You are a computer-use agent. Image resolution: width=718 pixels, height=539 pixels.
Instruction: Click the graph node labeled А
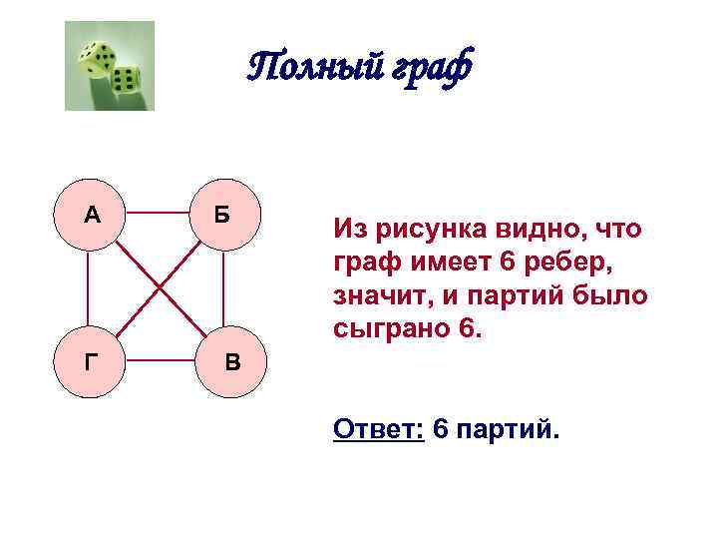(x=92, y=214)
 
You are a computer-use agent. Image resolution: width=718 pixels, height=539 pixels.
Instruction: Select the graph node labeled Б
(x=222, y=214)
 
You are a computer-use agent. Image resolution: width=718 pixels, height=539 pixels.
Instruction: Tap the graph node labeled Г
(x=92, y=360)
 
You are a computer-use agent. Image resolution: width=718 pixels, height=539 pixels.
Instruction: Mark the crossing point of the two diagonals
(x=160, y=288)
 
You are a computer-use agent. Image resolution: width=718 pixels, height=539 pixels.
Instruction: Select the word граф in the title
(x=432, y=68)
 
